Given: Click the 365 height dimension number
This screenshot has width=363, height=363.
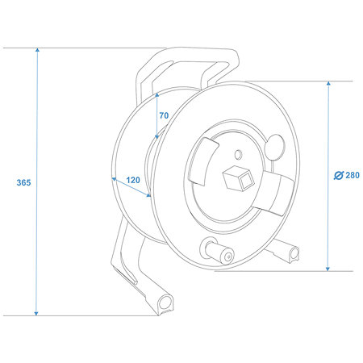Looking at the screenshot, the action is click(x=23, y=182).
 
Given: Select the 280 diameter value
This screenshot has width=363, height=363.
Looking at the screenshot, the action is click(x=353, y=175).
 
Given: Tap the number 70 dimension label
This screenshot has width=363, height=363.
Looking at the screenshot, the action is click(x=164, y=115).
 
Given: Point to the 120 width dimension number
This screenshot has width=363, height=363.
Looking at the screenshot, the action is click(x=133, y=180).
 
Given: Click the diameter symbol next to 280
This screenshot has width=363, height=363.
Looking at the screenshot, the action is click(x=339, y=175).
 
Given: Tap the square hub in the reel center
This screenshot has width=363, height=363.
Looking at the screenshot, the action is click(x=239, y=177).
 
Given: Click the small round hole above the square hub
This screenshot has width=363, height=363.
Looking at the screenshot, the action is click(x=238, y=155).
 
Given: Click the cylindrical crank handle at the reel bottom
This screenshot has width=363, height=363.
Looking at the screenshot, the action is click(x=217, y=251).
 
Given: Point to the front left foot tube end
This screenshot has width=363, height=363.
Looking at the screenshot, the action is click(x=165, y=303).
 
